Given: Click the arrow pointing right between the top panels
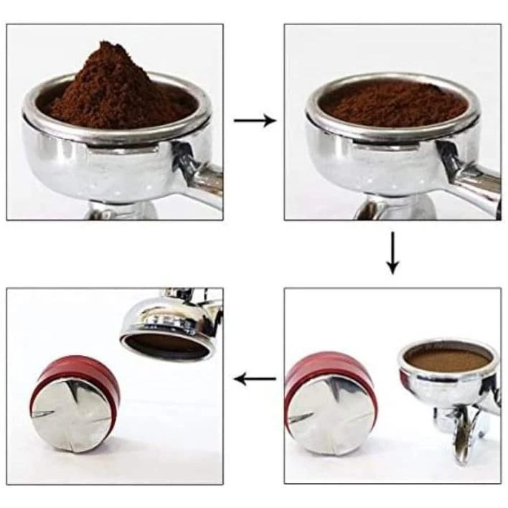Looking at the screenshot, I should [255, 121].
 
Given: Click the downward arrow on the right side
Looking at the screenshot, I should [392, 253].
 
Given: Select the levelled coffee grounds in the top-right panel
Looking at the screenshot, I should [393, 104].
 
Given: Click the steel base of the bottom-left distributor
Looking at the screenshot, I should [72, 416].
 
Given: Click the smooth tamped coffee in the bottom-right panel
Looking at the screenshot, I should [448, 359].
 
